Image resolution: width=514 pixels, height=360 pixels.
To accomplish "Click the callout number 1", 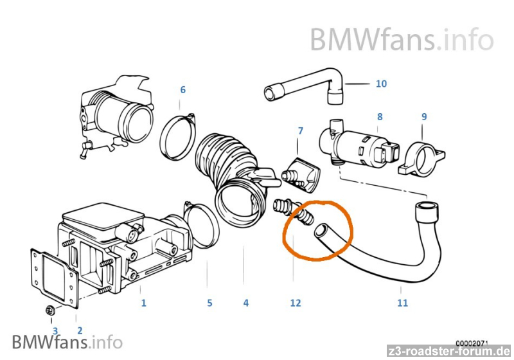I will (143, 302).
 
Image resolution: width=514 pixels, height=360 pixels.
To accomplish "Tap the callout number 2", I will (80, 330).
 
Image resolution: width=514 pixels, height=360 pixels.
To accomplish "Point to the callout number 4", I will (245, 302).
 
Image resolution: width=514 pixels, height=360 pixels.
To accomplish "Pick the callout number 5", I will (209, 302).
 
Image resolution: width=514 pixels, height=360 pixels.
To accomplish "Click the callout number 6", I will (182, 89).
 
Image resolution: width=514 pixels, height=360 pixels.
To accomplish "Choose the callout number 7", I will (300, 131).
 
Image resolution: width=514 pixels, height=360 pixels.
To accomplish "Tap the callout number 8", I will (380, 116).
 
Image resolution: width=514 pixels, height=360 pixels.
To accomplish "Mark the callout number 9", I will (423, 116).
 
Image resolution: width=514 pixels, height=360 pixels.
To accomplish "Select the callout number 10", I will (381, 84).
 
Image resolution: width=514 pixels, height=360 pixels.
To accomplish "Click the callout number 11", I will (402, 302).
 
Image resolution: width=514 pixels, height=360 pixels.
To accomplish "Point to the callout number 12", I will (295, 302).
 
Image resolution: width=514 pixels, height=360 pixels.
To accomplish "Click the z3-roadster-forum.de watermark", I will (452, 351).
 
